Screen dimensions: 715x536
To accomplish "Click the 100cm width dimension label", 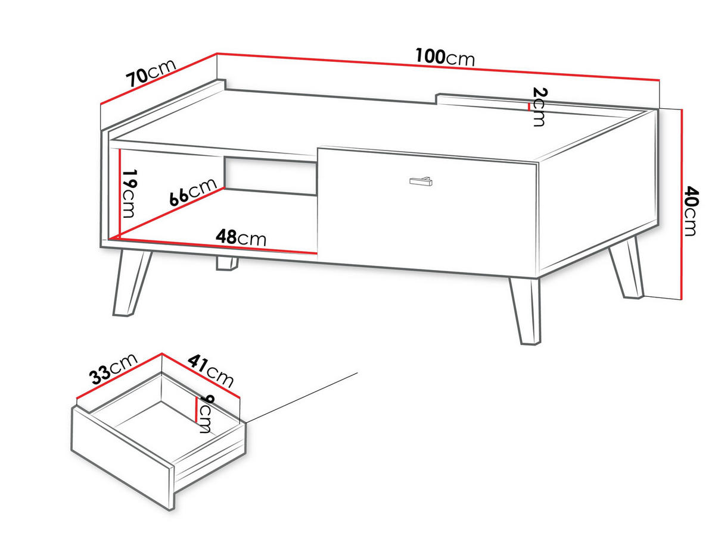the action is (445, 58).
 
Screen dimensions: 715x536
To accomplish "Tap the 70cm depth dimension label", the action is (151, 74).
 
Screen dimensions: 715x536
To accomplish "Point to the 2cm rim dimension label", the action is (539, 106).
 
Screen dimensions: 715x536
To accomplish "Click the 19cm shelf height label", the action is (129, 193).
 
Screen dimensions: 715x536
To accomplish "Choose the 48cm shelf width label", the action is (241, 237).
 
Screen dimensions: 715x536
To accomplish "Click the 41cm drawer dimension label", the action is (211, 371).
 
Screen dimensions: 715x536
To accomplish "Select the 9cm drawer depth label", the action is (205, 413).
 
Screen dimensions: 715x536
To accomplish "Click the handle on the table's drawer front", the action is (421, 181).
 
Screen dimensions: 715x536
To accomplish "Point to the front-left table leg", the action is (132, 283).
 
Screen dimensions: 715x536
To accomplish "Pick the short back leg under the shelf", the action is (227, 264).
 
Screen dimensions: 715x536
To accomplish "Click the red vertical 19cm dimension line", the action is (120, 193).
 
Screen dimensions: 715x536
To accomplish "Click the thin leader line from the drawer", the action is (301, 398).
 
